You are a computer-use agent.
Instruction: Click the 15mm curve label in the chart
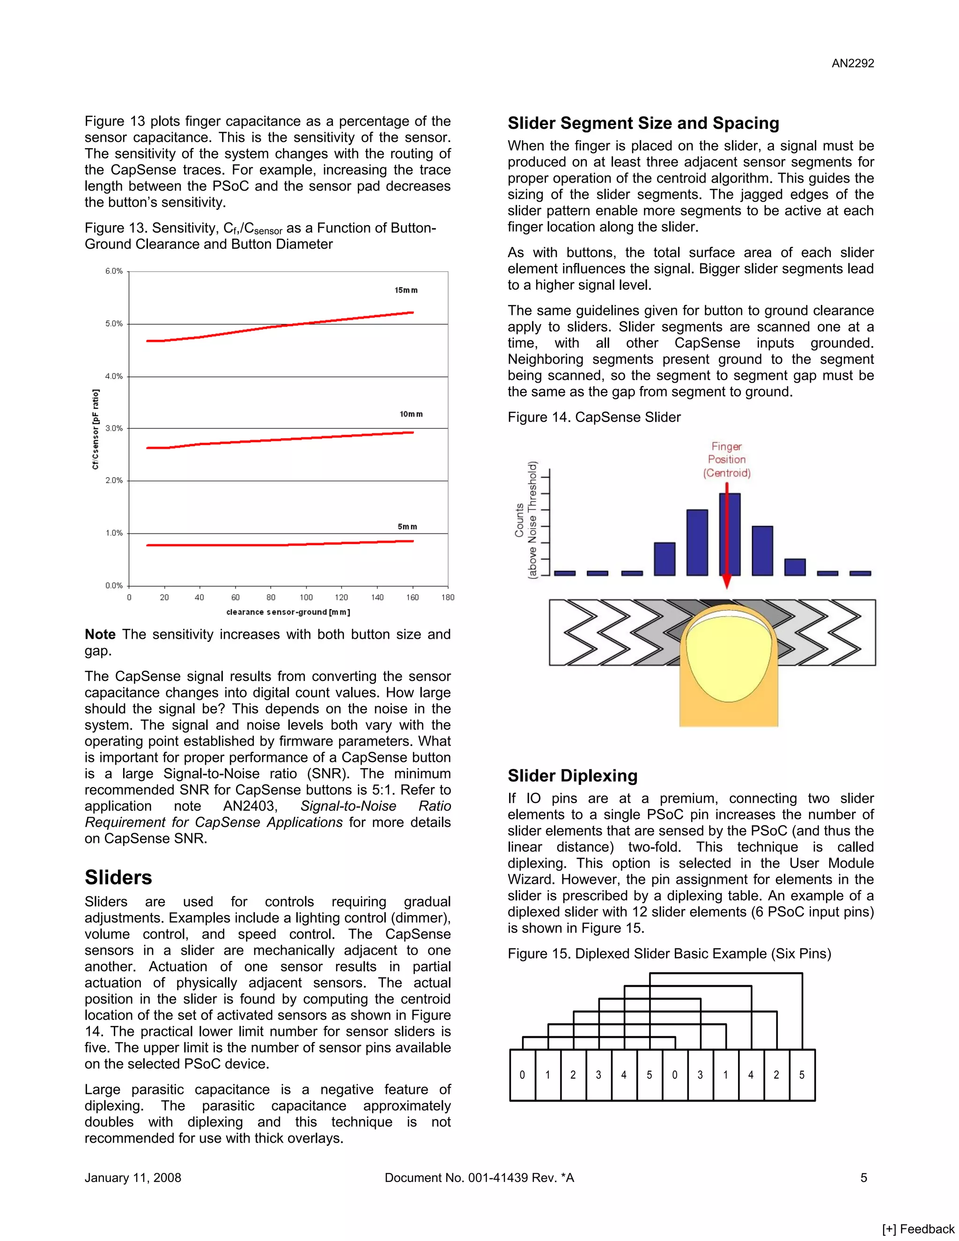tap(406, 290)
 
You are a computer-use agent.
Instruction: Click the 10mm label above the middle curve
tap(411, 414)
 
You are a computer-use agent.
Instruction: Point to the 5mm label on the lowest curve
tap(407, 527)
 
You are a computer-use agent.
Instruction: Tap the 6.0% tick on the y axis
tap(114, 271)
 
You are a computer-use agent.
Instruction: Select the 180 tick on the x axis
tap(448, 597)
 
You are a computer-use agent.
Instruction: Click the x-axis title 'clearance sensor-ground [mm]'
tap(288, 612)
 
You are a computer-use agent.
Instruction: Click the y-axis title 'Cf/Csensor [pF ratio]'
tap(96, 429)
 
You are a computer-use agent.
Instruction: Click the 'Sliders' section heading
tap(118, 877)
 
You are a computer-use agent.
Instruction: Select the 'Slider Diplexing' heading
tap(572, 776)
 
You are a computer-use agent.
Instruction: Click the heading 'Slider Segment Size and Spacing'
tap(643, 123)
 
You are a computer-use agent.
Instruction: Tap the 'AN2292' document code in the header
tap(852, 64)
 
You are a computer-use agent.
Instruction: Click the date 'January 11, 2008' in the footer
tap(133, 1177)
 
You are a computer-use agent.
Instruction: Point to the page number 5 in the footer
tap(863, 1177)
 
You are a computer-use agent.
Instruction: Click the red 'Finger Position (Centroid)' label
tap(727, 460)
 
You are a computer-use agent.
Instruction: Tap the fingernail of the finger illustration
tap(729, 653)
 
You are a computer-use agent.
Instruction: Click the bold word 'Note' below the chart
tap(100, 634)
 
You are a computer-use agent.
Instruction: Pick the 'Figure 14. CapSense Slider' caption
tap(594, 417)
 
